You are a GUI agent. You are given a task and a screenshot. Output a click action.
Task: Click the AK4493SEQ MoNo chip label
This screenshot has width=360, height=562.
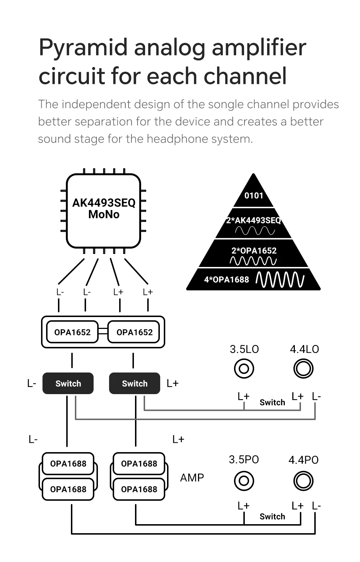(104, 209)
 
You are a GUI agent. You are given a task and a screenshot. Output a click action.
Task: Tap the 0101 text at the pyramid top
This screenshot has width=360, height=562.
(254, 196)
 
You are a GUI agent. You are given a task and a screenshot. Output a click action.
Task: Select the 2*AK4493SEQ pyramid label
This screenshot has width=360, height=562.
(253, 220)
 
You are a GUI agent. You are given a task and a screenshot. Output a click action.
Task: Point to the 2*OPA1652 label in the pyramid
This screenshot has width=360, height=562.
(254, 250)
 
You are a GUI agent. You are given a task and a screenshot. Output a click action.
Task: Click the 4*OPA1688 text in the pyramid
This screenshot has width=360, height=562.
(226, 280)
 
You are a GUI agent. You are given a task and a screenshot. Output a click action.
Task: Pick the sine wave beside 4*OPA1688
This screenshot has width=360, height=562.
(280, 280)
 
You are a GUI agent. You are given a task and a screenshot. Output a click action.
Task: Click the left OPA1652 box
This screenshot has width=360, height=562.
(72, 332)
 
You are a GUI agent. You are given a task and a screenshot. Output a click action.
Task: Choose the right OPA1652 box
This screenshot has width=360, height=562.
(134, 332)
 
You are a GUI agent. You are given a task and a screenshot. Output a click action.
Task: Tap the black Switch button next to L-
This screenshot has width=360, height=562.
(68, 383)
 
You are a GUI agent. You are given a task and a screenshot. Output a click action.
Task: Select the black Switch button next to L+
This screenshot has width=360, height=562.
(135, 383)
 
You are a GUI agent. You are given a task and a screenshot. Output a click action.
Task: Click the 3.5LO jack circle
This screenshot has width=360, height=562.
(244, 369)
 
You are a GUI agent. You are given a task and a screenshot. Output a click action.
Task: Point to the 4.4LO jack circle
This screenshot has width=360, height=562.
(303, 369)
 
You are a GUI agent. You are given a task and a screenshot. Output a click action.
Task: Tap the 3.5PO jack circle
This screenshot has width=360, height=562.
(244, 481)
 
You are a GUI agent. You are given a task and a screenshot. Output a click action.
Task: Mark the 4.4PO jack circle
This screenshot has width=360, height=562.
(303, 481)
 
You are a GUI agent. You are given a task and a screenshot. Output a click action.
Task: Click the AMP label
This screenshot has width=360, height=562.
(192, 478)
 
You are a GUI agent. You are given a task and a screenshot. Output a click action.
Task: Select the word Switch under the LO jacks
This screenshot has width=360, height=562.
(272, 402)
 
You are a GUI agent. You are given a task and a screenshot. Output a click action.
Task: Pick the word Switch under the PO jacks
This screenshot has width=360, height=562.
(272, 517)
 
